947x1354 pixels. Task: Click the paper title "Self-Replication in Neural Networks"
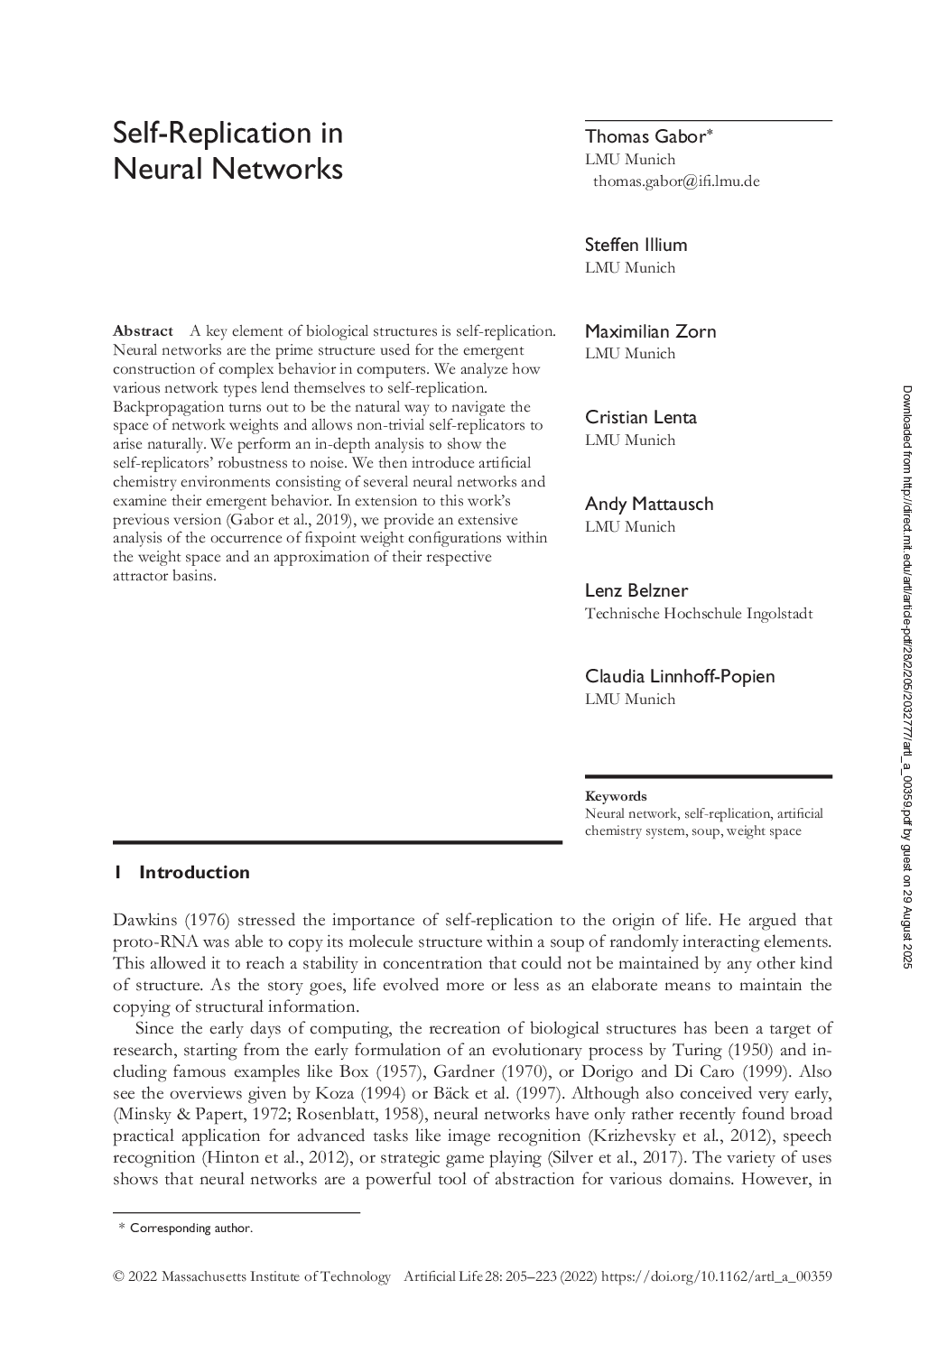(227, 151)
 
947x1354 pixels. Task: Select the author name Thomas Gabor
(644, 136)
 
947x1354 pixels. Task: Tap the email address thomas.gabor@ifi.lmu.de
(676, 181)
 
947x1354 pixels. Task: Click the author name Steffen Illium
(636, 245)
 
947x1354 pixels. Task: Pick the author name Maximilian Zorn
(650, 331)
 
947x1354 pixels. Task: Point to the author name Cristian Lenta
(640, 417)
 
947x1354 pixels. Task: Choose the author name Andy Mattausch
(648, 504)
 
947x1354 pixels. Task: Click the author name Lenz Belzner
(636, 590)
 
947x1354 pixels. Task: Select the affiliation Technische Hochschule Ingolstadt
(698, 614)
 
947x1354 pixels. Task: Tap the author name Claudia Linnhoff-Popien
(679, 676)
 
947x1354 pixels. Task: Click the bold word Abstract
(143, 331)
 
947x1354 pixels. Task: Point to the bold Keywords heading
(616, 796)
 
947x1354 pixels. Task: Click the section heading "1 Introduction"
(181, 872)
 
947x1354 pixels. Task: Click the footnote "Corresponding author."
(191, 1228)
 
